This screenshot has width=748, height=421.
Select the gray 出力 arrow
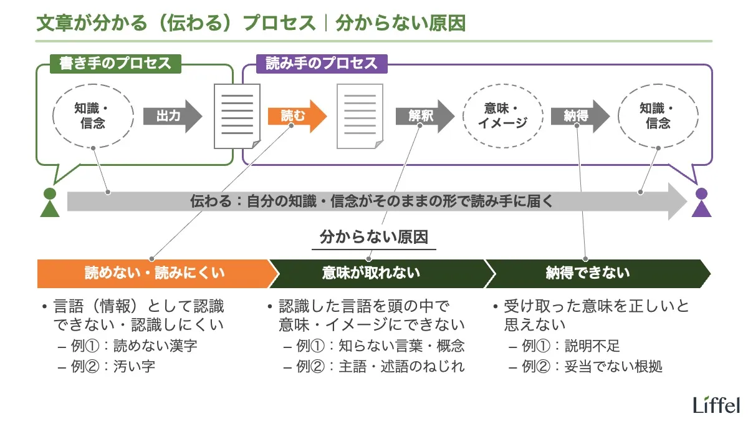click(172, 116)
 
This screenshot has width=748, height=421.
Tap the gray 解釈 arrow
click(424, 116)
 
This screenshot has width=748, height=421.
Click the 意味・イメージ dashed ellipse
click(502, 116)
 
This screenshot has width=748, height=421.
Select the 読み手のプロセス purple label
click(322, 63)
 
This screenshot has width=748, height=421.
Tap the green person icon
click(49, 202)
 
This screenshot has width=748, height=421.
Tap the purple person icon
click(702, 202)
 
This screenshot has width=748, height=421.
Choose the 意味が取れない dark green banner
click(374, 273)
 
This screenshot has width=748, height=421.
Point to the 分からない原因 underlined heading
click(374, 238)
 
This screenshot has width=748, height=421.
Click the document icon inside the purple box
click(360, 116)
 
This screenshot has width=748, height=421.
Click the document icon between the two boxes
click(236, 116)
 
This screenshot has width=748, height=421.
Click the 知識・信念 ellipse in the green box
click(93, 116)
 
